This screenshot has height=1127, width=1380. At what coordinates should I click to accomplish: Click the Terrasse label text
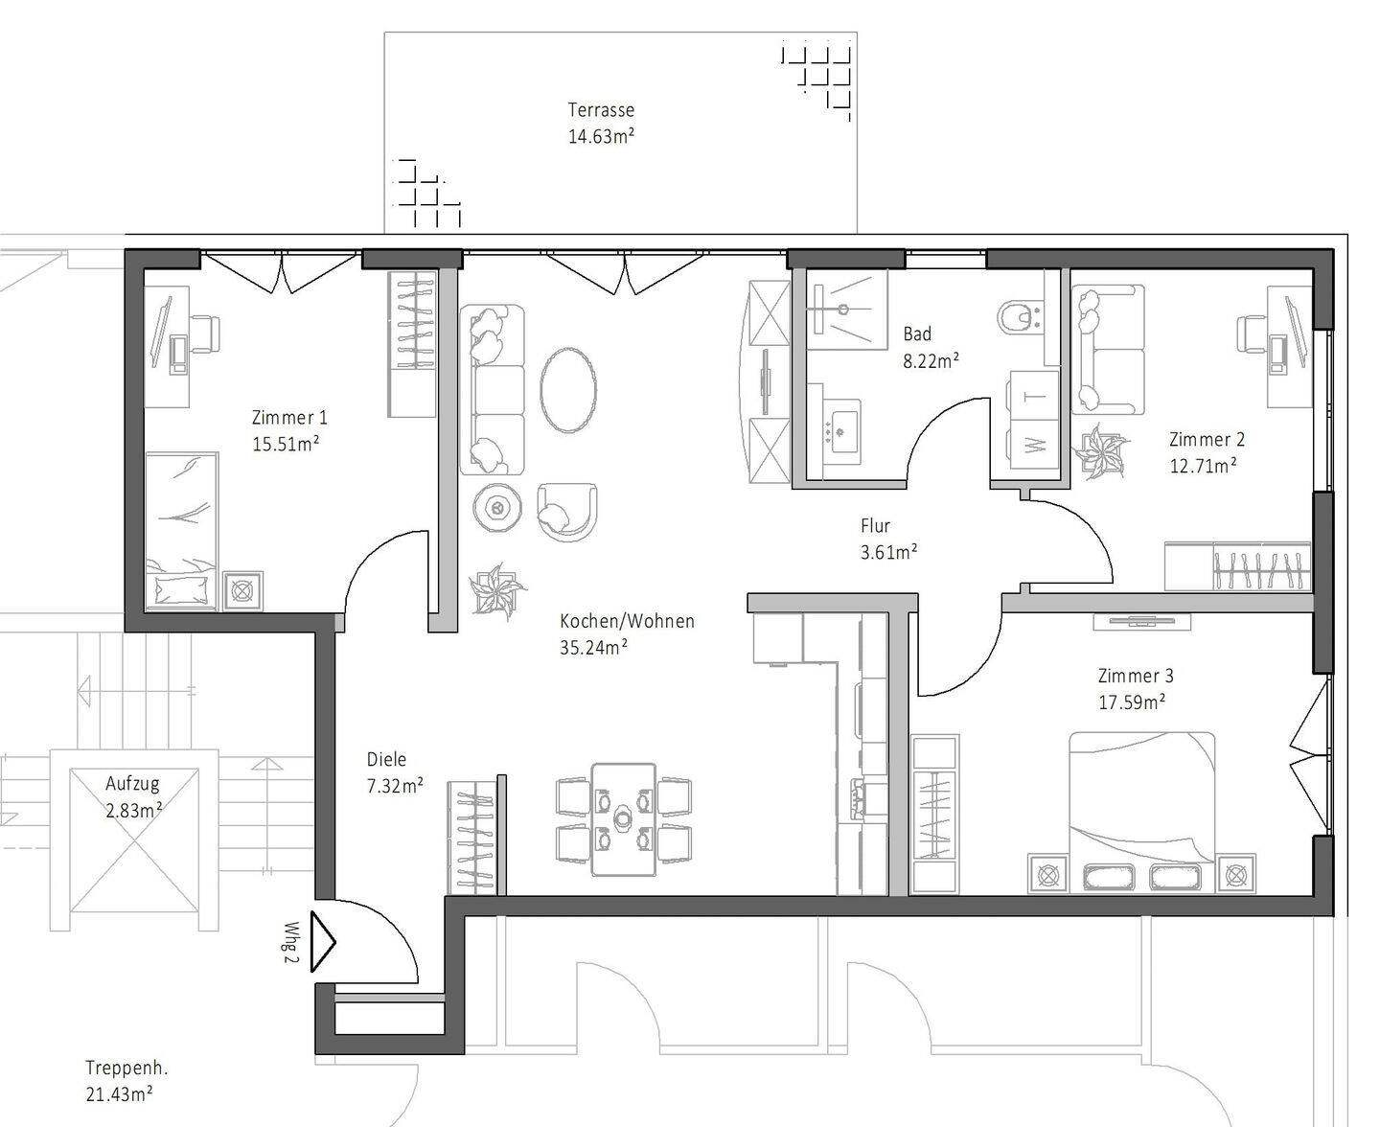coord(601,110)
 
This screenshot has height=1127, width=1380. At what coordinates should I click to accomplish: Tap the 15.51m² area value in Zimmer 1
coord(285,445)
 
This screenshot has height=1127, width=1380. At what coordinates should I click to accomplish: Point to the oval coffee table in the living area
coord(568,390)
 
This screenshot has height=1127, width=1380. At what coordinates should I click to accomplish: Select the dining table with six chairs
coord(624,819)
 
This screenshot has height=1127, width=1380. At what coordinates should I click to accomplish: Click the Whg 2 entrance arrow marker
coord(324,944)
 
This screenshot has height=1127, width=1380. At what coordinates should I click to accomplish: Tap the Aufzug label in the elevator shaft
coord(133,783)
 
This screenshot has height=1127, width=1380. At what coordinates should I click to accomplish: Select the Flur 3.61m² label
coord(888,539)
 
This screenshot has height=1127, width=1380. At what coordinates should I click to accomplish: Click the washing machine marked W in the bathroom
coord(1034,446)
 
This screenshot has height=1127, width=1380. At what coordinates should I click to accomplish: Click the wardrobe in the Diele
coord(473,836)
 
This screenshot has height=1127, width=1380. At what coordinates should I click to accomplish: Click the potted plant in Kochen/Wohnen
coord(496,591)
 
